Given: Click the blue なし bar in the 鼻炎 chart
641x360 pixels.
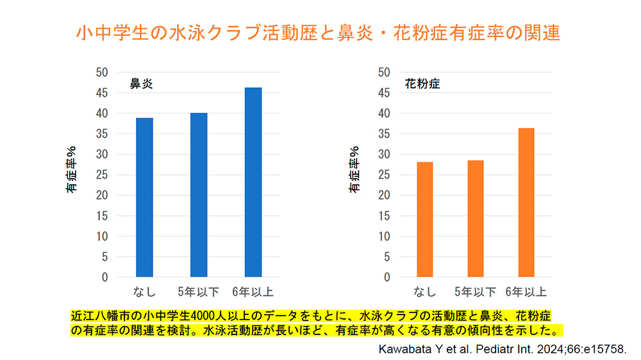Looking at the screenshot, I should point(144,197).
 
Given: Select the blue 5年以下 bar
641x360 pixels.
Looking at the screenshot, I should point(199,195).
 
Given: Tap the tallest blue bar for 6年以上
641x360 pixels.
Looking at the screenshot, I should point(253,182).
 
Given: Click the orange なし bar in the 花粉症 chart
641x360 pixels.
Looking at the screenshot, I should point(425,220).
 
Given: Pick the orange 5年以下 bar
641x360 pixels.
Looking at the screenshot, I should point(476,218).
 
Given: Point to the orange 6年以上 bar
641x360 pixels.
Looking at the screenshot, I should point(526,202).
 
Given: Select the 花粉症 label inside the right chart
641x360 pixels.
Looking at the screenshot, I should point(422,84).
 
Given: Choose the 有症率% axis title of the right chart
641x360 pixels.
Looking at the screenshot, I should point(353,170).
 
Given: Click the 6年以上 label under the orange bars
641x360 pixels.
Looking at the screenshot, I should point(526,293).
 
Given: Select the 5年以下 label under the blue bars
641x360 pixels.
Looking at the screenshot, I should point(199,293).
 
